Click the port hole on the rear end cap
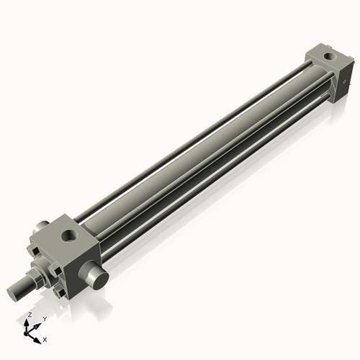click(328, 55)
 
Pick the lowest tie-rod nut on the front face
click(58, 294)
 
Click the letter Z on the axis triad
click(29, 315)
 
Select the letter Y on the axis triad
click(44, 318)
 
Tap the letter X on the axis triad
click(45, 338)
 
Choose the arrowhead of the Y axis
click(38, 323)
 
